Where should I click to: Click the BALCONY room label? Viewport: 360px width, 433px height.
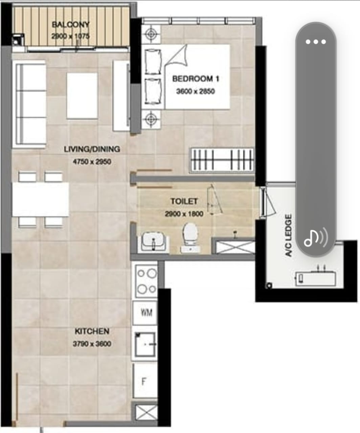pos(71,25)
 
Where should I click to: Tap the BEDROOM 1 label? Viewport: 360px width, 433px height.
pos(196,79)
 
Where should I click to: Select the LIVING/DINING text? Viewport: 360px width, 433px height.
pos(92,149)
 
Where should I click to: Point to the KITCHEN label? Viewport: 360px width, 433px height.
pos(92,331)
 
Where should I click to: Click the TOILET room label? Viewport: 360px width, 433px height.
pos(184,201)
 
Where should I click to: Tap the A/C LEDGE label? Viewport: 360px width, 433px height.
pos(289,235)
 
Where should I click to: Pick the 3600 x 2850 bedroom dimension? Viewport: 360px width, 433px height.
pos(195,91)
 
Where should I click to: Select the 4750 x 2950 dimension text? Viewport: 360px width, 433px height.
pos(92,162)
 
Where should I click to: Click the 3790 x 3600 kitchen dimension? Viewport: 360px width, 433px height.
pos(92,344)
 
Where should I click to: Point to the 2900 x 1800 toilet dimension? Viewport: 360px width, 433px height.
pos(184,214)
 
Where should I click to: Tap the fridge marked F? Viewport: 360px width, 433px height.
pos(145,381)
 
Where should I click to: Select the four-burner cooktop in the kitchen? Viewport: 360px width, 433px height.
pos(147,281)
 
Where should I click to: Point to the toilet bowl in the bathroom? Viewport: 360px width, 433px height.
pos(189,238)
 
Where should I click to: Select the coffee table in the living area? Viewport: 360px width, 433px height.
pos(82,96)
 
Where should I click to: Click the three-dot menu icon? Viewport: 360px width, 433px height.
pos(316,42)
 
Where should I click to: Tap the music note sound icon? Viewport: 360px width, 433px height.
pos(316,238)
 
